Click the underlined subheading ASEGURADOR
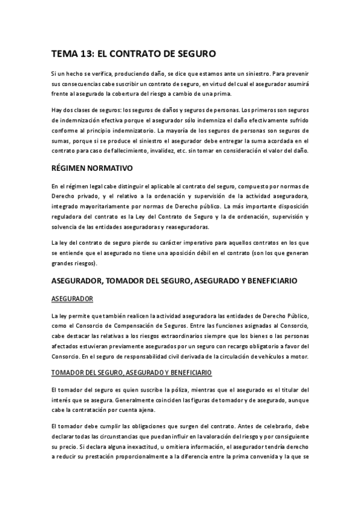(x=72, y=298)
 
